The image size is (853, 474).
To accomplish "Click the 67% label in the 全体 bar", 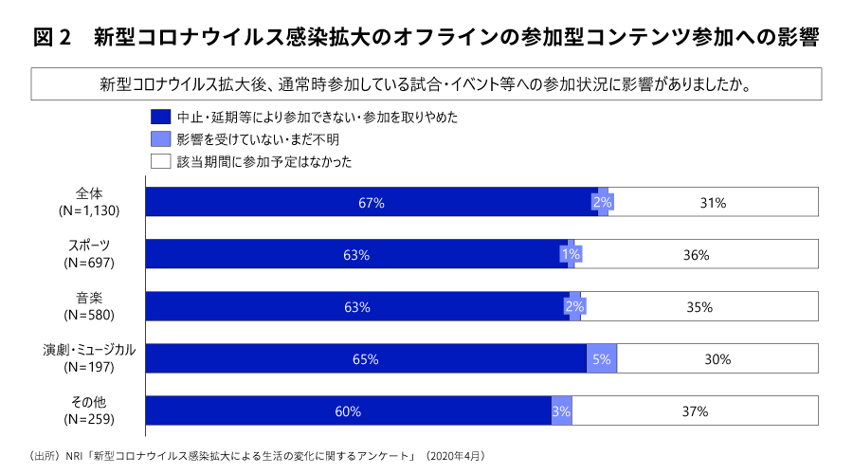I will [371, 203].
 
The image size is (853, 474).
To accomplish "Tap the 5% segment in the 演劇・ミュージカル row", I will [602, 359].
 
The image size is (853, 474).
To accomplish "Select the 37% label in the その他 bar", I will [695, 411].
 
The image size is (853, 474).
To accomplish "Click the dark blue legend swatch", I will [159, 118].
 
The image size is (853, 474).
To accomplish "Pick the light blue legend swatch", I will [159, 139].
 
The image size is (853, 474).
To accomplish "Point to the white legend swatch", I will [159, 161].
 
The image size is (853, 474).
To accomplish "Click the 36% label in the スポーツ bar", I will [697, 255].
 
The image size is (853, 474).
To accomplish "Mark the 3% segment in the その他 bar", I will [561, 411].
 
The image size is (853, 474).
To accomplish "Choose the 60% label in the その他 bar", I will [348, 411].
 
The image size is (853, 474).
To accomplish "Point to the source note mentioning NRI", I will [256, 456].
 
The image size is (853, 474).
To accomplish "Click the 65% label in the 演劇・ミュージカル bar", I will [365, 359].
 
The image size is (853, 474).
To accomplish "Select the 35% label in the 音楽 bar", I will [699, 307].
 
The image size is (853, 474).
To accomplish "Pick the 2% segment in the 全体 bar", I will [602, 203].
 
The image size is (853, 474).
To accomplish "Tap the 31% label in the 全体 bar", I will [713, 203].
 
